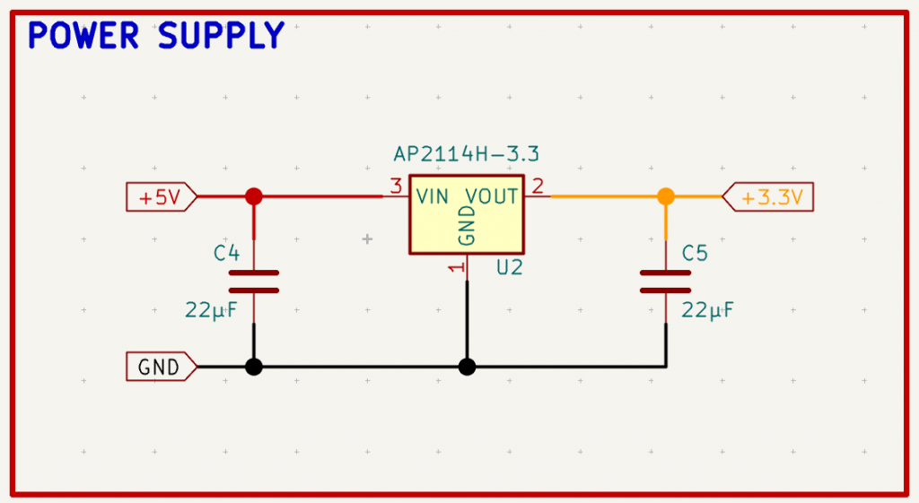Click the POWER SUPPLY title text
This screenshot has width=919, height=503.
156,37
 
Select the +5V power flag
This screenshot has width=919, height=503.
161,197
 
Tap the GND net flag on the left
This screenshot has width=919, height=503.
161,367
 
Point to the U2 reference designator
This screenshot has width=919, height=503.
509,267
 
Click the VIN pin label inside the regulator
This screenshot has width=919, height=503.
433,196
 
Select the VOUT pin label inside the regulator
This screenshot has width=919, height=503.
492,196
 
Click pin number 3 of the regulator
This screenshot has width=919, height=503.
395,186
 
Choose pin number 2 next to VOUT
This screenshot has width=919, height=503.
538,186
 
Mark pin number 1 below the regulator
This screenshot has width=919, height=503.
455,268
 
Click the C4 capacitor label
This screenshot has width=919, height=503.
227,254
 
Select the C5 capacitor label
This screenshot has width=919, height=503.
696,254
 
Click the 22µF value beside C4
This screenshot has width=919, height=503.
210,311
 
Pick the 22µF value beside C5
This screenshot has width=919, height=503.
708,311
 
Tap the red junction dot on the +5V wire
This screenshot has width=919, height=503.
254,196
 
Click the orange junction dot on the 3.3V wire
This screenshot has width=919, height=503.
665,196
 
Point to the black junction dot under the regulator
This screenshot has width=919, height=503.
467,367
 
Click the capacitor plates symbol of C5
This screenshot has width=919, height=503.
665,282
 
